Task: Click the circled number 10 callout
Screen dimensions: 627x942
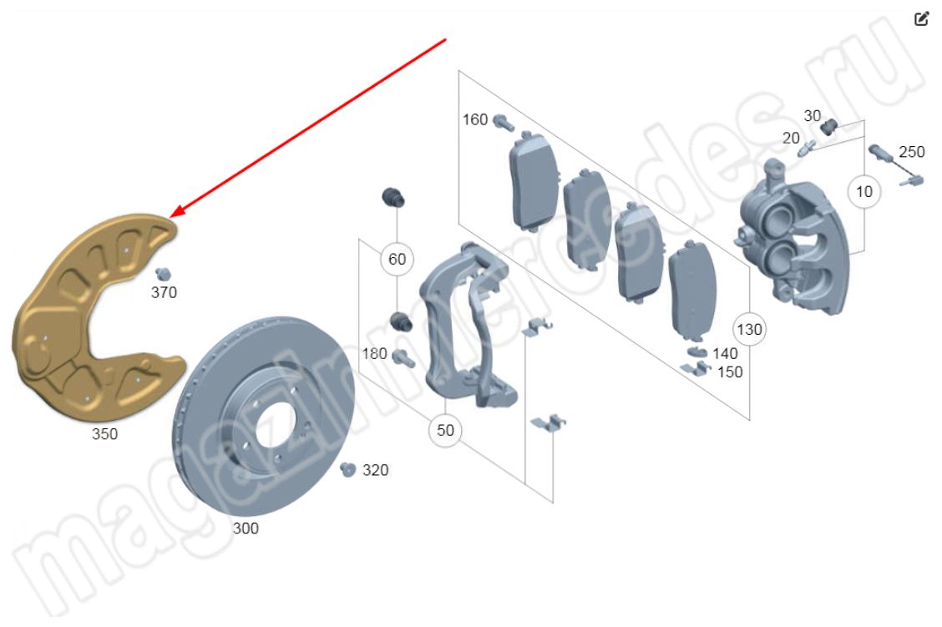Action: coord(863,192)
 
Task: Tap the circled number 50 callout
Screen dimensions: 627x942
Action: coord(445,431)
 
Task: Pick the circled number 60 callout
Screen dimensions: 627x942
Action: coord(397,260)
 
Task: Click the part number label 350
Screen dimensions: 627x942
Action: coord(104,434)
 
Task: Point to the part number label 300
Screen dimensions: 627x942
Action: coord(246,528)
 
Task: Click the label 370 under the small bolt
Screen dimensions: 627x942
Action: coord(164,293)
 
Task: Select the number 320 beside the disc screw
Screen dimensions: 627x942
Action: coord(375,471)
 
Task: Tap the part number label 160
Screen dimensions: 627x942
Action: coord(474,120)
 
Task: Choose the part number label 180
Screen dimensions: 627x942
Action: coord(374,354)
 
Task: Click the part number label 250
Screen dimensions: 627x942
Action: coord(911,152)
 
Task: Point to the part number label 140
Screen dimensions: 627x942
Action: coord(725,354)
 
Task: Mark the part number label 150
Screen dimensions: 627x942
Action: coord(729,372)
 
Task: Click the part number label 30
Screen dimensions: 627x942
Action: coord(812,115)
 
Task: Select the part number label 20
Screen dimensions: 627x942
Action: coord(791,138)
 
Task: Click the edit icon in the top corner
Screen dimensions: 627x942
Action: coord(921,18)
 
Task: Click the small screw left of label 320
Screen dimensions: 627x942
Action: coord(349,470)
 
